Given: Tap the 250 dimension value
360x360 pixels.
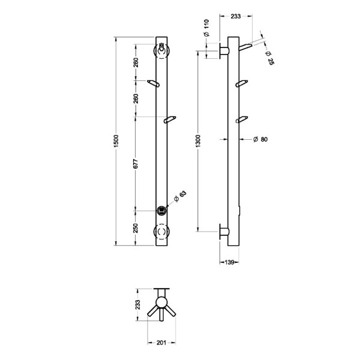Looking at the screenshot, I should (136, 228).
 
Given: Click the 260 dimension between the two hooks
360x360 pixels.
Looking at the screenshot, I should (136, 98).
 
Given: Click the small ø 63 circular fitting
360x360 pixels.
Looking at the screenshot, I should (161, 210).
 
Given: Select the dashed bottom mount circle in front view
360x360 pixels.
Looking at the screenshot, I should (161, 231).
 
